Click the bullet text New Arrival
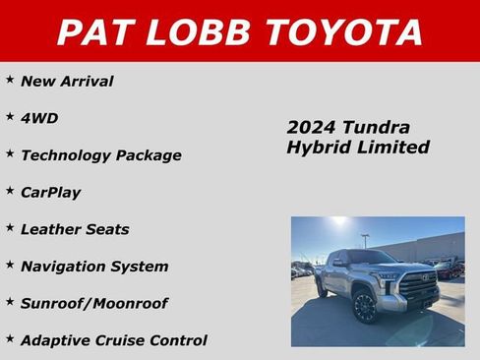coord(67,81)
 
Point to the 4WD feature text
coord(39,118)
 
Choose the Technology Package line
coord(100,155)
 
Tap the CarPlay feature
coord(50,192)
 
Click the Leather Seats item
coord(75,229)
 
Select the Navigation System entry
coord(94,267)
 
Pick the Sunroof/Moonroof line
coord(94,304)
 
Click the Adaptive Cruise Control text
coord(114,340)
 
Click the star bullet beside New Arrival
coord(10,79)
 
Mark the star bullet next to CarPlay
coord(10,190)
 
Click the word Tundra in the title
coord(375,128)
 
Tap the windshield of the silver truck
coord(371,258)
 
